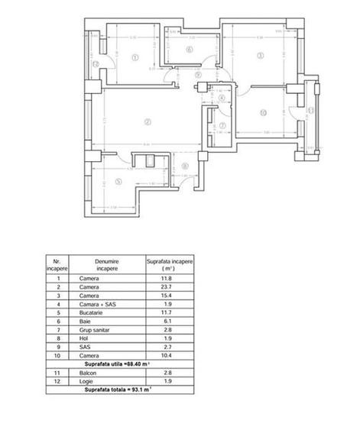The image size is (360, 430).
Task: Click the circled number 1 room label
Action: pos(135,56)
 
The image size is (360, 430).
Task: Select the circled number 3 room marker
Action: pos(261,55)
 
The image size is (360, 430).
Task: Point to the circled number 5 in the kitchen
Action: pos(118,181)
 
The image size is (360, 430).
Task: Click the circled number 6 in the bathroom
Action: pos(188,51)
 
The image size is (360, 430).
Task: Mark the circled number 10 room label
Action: pos(263,112)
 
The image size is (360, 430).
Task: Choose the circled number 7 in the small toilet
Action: pos(222,125)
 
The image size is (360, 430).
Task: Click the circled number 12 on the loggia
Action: pos(96,64)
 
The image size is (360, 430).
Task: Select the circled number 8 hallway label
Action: pos(184,166)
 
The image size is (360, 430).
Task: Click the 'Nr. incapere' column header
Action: pos(57,265)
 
